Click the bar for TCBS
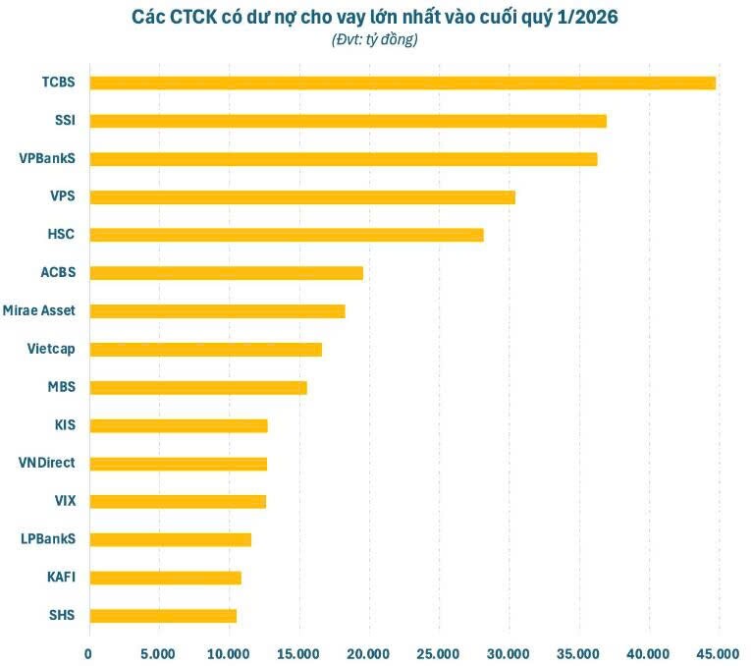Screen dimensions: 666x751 point(402,83)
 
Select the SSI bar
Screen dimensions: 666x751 point(348,121)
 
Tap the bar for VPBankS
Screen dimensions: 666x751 point(343,159)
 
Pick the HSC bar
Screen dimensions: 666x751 point(286,235)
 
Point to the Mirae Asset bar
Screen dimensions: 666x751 point(217,311)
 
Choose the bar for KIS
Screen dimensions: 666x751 point(178,425)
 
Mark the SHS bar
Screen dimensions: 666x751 point(163,616)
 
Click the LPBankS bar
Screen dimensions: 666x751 point(170,539)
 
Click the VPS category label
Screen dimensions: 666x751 point(63,196)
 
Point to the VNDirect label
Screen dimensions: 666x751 point(47,464)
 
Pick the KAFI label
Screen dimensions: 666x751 point(61,578)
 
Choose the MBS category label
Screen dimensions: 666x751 point(62,387)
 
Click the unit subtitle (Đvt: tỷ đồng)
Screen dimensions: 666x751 point(375,40)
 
